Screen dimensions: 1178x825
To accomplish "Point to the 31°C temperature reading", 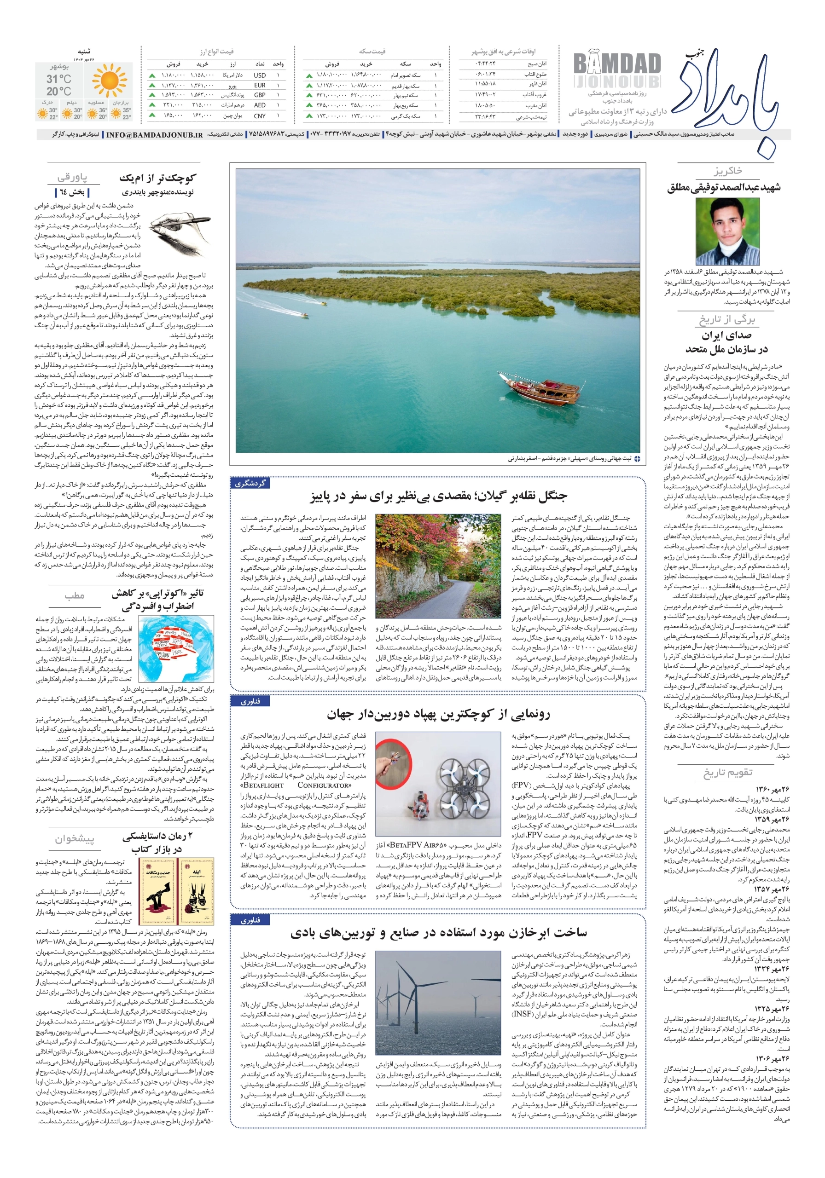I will [58, 79].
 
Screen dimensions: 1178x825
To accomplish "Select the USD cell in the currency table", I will [260, 75].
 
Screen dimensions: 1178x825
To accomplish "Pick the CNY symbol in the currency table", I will [260, 116].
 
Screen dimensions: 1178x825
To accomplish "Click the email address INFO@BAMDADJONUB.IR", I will [154, 134].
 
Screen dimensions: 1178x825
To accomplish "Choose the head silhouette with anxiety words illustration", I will [176, 648].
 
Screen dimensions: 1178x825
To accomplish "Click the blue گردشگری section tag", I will [250, 483].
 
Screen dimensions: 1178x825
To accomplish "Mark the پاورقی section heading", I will [72, 178].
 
